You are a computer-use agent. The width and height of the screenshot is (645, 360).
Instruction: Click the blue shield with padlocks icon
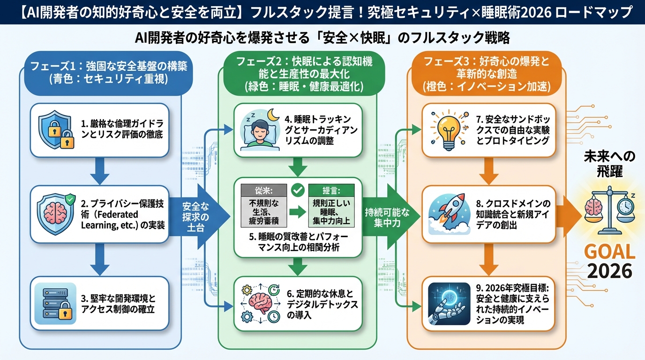[56, 130]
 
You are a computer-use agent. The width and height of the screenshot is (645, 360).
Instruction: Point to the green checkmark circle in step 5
[297, 190]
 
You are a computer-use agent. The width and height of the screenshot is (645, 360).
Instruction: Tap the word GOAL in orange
[609, 252]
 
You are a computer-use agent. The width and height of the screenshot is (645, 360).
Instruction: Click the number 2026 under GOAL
[609, 271]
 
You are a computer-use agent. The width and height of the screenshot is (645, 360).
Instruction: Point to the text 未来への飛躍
[609, 163]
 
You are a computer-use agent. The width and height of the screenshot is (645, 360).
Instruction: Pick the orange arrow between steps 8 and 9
[489, 261]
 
